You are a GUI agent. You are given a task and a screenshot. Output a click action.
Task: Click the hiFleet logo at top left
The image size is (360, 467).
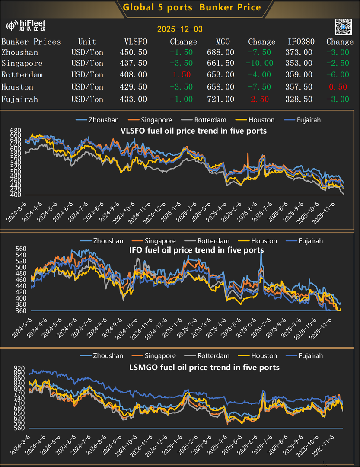pos(25,26)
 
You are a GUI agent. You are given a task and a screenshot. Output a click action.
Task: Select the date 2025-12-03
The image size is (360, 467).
pos(180,29)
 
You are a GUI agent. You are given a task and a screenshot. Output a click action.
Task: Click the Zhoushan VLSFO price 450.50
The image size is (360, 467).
pos(133,52)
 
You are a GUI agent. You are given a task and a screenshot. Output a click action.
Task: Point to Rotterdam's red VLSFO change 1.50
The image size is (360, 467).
pos(182,75)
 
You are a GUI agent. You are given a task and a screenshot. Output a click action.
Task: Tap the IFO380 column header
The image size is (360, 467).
pos(301,42)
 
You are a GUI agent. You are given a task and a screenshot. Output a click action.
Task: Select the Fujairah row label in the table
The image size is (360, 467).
pos(19,99)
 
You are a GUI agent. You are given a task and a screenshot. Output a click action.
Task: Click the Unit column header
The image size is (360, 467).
pos(87,42)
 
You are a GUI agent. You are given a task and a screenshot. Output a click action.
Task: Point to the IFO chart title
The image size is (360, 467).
pos(197,250)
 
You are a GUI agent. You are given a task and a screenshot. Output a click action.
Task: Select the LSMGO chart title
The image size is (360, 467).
pos(204,367)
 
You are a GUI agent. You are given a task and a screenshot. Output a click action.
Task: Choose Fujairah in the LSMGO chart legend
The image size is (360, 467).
pos(310,356)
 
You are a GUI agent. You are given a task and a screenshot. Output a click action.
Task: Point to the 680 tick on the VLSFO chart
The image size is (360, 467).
pos(15,131)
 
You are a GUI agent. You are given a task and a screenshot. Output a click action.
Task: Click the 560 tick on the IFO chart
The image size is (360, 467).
pos(15,249)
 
